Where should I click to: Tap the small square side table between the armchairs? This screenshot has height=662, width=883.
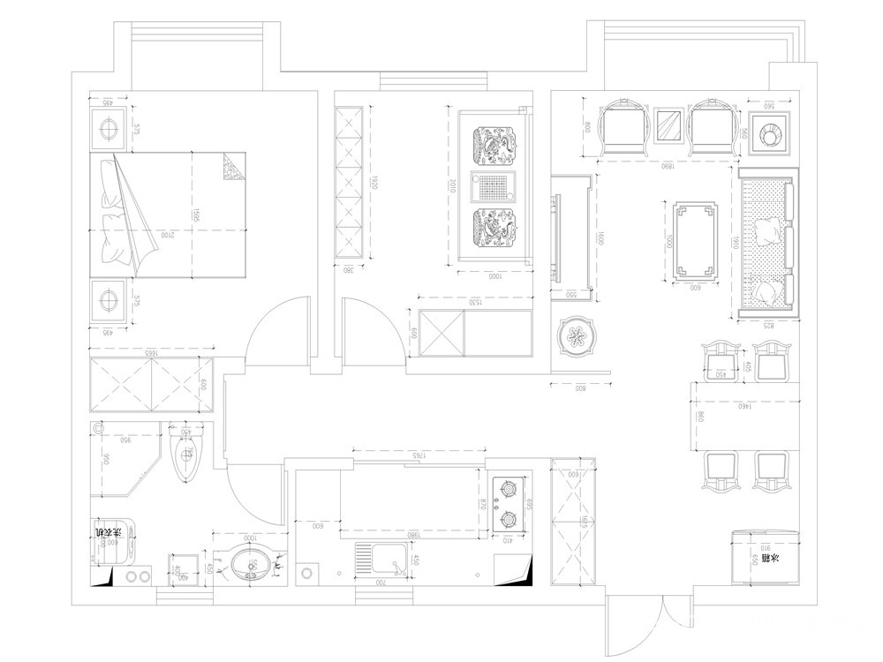pos(669,124)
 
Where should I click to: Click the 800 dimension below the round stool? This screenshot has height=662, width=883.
pos(580,387)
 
